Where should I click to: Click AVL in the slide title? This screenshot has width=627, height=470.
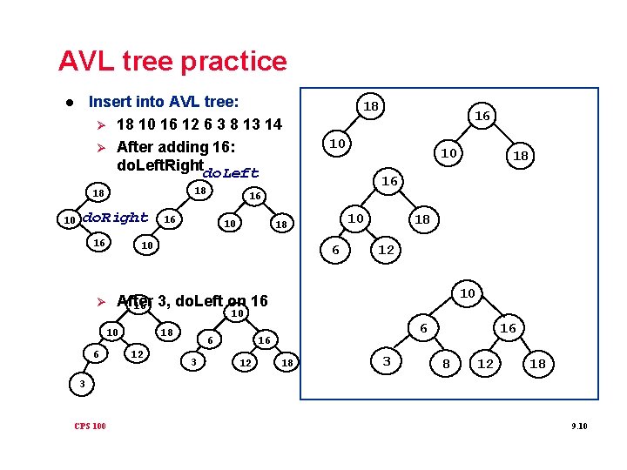(x=85, y=61)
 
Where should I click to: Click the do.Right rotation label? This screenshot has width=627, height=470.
(x=113, y=217)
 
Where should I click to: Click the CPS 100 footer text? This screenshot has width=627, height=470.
(x=90, y=426)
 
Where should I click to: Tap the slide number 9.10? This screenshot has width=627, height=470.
(x=579, y=426)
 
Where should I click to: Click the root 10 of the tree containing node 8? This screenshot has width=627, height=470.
(x=468, y=293)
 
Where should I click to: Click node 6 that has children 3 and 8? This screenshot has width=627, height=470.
(x=423, y=328)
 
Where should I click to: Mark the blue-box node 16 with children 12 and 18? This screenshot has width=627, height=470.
(x=508, y=328)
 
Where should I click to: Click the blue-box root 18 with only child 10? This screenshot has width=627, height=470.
(x=371, y=106)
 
